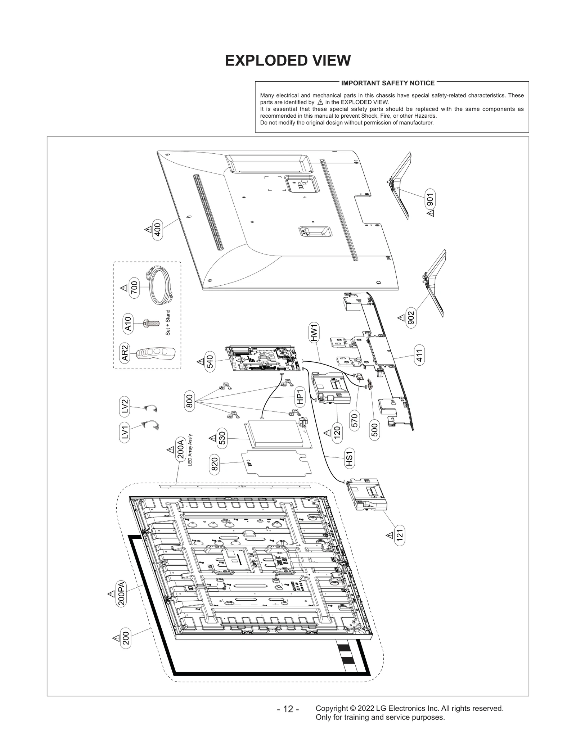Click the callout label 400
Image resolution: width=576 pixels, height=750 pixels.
pyautogui.click(x=157, y=229)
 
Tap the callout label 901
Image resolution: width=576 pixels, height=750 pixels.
pyautogui.click(x=429, y=199)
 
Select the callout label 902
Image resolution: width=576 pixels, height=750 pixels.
pyautogui.click(x=411, y=318)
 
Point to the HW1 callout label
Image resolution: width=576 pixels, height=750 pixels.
pyautogui.click(x=314, y=333)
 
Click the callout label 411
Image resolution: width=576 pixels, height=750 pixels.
pyautogui.click(x=419, y=355)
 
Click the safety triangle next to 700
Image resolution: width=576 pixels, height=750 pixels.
pyautogui.click(x=124, y=288)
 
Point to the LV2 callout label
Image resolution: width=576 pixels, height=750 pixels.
pyautogui.click(x=125, y=406)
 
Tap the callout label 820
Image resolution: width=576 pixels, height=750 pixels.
pyautogui.click(x=214, y=464)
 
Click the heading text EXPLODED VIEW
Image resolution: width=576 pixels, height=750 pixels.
pyautogui.click(x=288, y=61)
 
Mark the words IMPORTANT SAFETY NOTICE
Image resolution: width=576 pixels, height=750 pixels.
pyautogui.click(x=388, y=83)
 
